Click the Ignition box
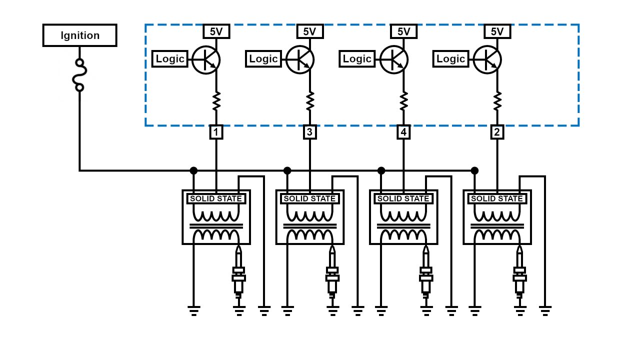[x=80, y=35]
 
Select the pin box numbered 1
[x=216, y=132]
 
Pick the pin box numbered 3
[x=310, y=132]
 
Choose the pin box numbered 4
[x=403, y=132]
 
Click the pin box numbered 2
[x=497, y=132]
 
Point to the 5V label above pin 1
[x=216, y=31]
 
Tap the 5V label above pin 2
[x=497, y=31]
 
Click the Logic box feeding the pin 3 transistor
[x=263, y=59]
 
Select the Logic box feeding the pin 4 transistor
[x=357, y=59]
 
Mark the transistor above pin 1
[x=206, y=60]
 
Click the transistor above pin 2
[x=487, y=60]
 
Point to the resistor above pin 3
[x=310, y=101]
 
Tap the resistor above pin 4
[x=403, y=101]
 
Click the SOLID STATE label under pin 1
[x=216, y=198]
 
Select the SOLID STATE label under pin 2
[x=497, y=198]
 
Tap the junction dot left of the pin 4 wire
[x=381, y=170]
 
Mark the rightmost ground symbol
[x=545, y=310]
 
